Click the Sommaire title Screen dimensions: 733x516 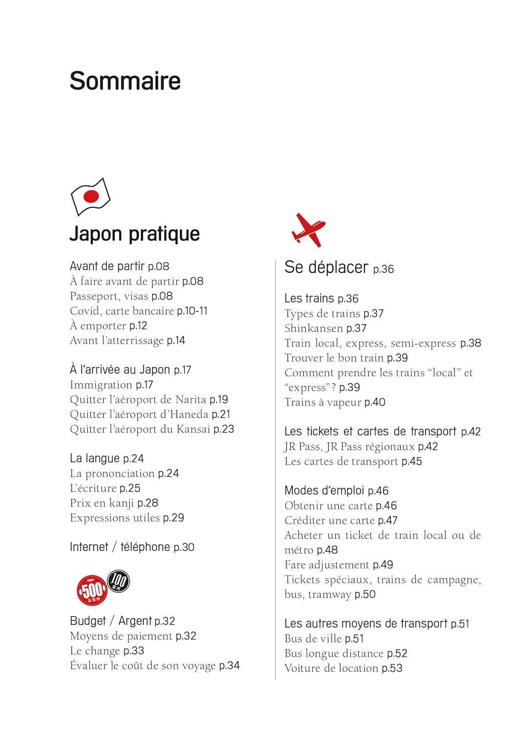(125, 81)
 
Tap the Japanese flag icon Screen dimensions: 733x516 (91, 196)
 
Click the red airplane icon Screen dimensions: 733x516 (309, 230)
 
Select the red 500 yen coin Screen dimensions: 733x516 (92, 590)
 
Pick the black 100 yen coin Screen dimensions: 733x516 (118, 581)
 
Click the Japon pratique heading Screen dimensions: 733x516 (134, 234)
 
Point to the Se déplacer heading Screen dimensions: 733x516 (326, 267)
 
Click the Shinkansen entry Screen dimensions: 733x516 (314, 328)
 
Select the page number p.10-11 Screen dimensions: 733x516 (192, 311)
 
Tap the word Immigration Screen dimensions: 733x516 (101, 385)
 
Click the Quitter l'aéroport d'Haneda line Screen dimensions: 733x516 (150, 414)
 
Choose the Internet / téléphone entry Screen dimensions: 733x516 (132, 547)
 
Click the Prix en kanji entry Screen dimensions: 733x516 (114, 503)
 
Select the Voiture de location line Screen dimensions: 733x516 (343, 668)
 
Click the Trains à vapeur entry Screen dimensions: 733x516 (334, 402)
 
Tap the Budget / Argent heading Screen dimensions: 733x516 (122, 621)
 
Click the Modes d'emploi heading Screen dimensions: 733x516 (336, 491)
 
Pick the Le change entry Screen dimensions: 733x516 (107, 651)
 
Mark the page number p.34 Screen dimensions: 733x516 (229, 666)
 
